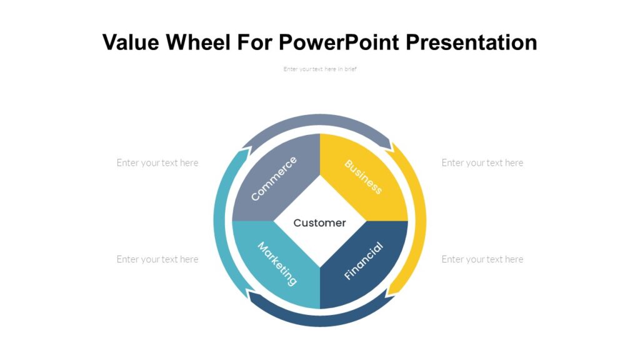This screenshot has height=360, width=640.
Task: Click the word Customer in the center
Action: [319, 222]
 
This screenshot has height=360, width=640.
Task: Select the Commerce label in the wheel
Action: [274, 179]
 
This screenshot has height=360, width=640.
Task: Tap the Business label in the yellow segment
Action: [363, 177]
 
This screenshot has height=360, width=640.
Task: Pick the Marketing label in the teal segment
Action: [277, 264]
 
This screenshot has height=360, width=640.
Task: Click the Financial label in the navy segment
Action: [363, 261]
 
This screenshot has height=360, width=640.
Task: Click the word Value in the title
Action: [127, 42]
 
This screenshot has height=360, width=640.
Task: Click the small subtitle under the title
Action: [319, 69]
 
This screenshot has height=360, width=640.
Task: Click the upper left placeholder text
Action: [157, 162]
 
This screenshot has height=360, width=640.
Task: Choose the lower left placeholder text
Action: [157, 259]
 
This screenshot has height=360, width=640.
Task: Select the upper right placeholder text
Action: [482, 162]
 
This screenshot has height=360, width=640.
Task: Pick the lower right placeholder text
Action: [482, 259]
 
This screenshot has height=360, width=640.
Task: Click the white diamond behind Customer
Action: [319, 200]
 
